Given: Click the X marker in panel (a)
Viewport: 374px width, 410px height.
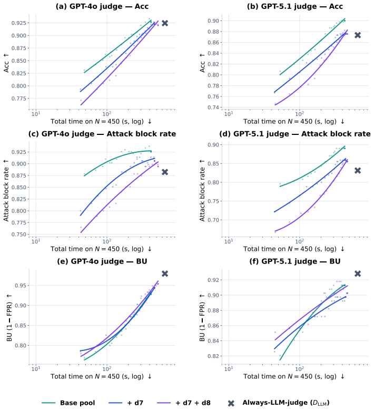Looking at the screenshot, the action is click(165, 23).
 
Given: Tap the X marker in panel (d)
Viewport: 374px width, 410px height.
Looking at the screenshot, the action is click(358, 171).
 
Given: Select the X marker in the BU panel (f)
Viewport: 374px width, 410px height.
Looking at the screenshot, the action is click(358, 274).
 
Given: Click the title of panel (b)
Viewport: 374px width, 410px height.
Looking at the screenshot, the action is click(295, 6).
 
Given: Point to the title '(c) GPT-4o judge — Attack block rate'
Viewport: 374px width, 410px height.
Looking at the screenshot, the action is click(102, 134).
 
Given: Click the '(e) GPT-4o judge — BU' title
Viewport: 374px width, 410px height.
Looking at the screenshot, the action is click(102, 261).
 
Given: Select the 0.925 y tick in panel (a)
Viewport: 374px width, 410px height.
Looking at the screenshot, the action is click(19, 23).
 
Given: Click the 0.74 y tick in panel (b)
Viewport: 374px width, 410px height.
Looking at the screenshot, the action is click(213, 107).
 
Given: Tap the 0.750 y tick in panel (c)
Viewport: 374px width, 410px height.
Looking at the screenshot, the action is click(19, 235).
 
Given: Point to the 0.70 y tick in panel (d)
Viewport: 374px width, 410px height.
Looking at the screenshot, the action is click(213, 220).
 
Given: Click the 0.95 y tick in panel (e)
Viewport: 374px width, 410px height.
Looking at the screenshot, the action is click(21, 285).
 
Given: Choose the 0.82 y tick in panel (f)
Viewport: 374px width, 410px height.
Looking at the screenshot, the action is click(213, 356).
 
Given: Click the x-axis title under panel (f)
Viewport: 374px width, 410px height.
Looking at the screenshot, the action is click(294, 376).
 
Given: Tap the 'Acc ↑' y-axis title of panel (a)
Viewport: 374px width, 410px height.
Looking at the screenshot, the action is click(6, 63).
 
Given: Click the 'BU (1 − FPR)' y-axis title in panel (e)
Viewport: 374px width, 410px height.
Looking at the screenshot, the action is click(9, 317).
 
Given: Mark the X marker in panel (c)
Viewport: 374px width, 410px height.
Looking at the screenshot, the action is click(165, 172).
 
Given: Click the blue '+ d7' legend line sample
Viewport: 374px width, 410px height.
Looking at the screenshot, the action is click(115, 403).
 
